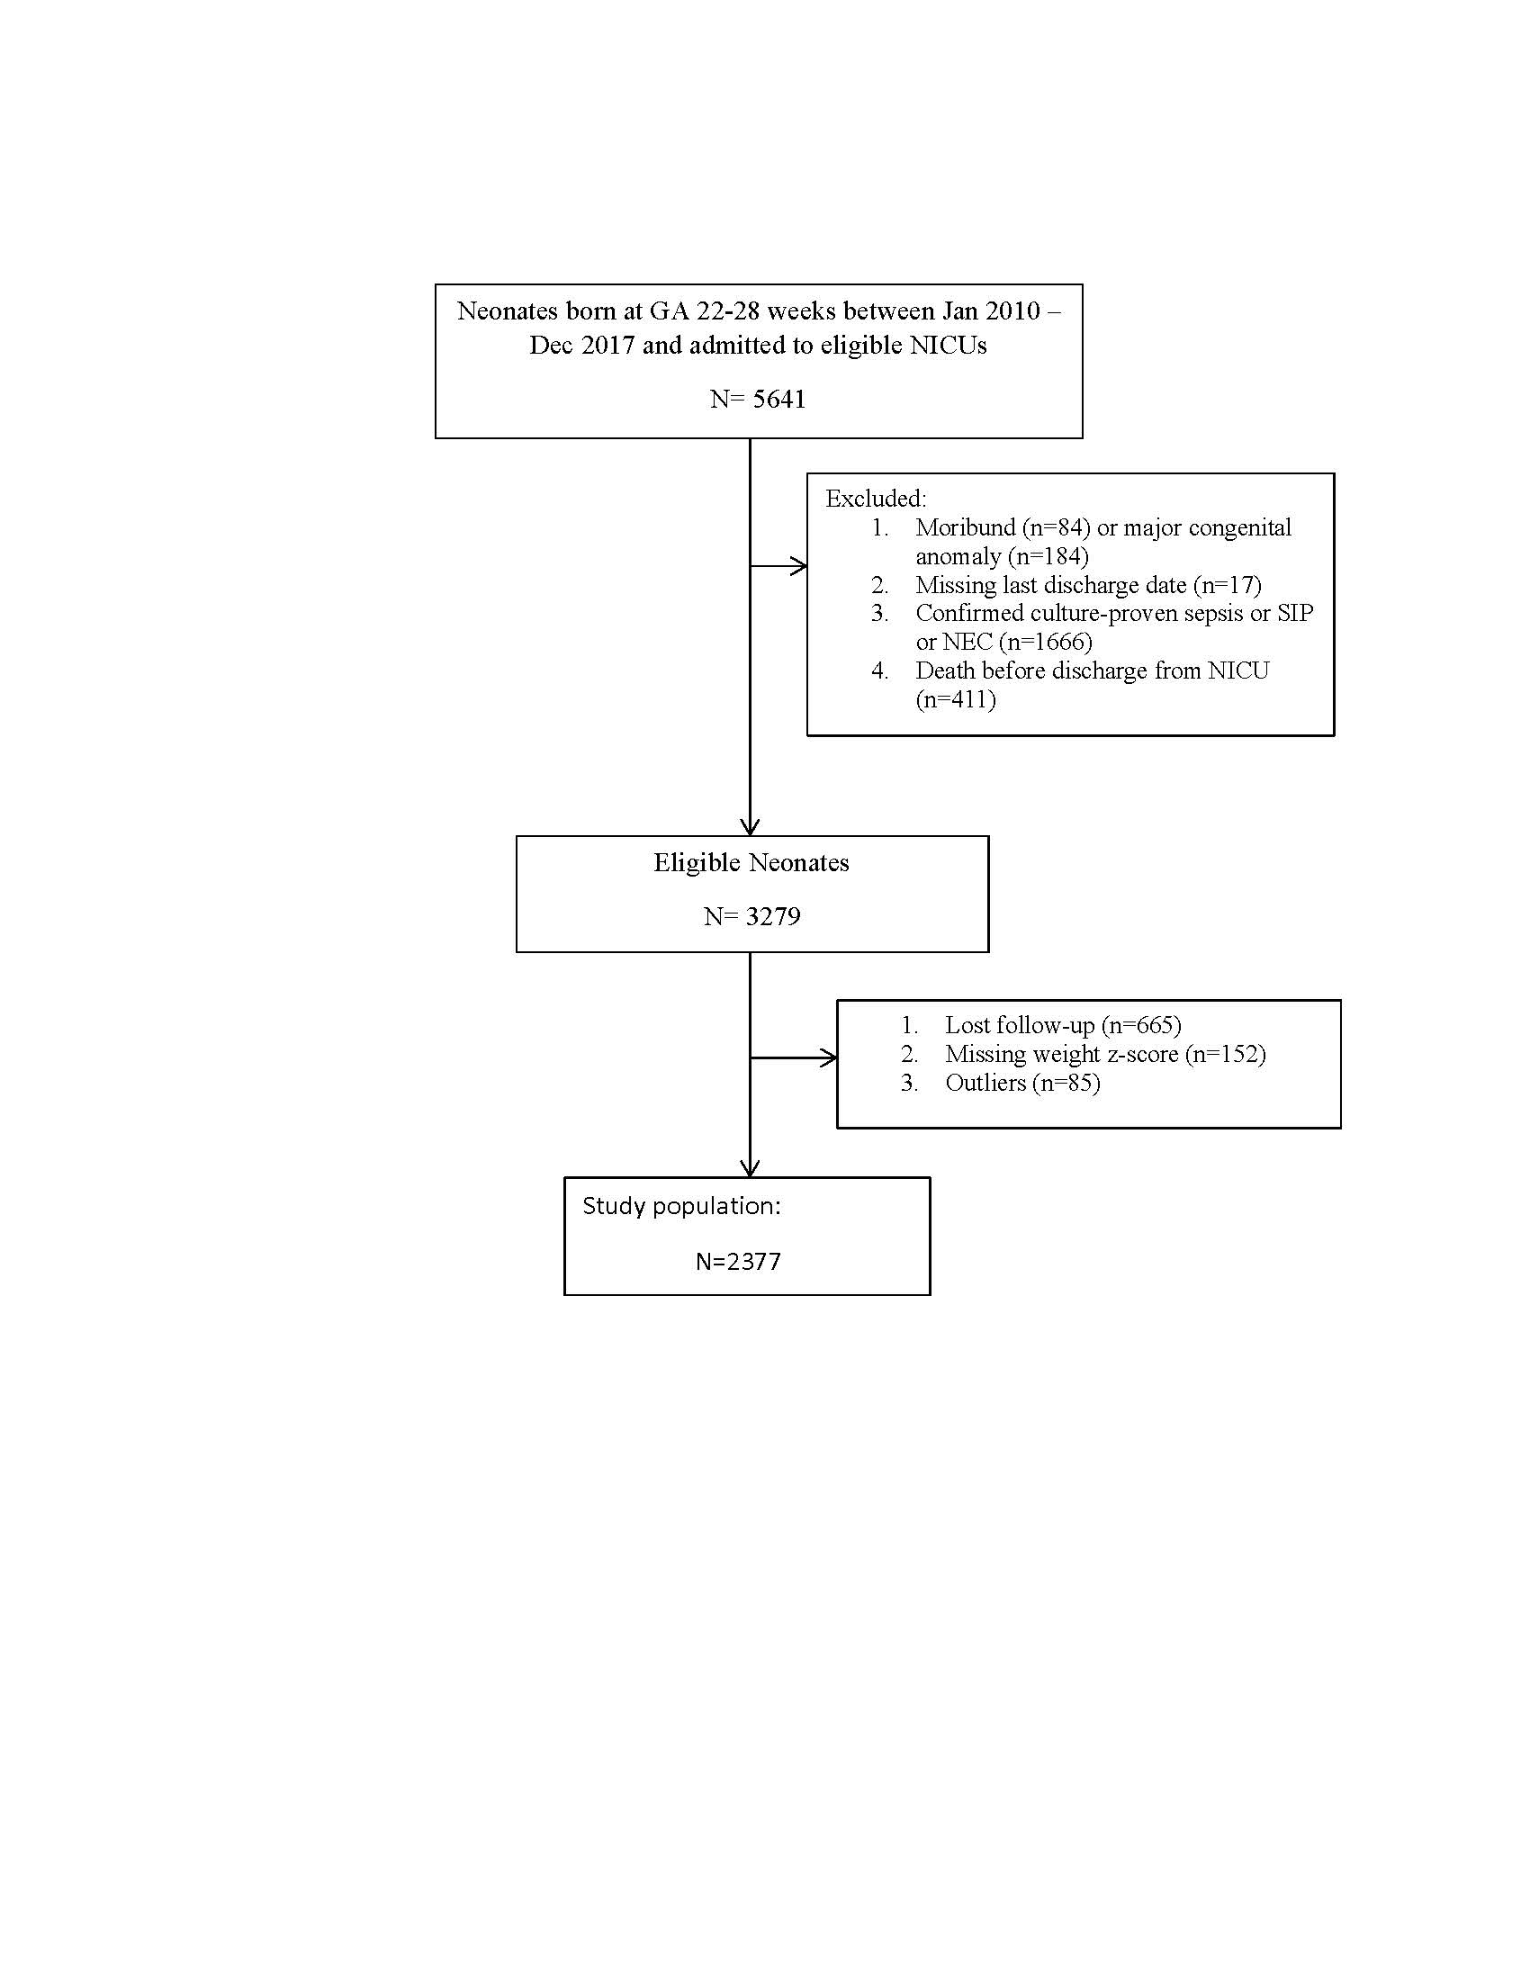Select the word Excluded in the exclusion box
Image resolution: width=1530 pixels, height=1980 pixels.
pyautogui.click(x=874, y=498)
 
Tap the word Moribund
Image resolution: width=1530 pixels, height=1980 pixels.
pyautogui.click(x=966, y=526)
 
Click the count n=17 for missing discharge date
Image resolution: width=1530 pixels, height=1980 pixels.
pyautogui.click(x=1230, y=585)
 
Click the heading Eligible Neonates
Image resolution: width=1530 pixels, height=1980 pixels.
pyautogui.click(x=751, y=862)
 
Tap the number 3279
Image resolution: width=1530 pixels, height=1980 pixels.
pyautogui.click(x=773, y=916)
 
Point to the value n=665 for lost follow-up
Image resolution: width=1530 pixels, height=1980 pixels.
pyautogui.click(x=1145, y=1025)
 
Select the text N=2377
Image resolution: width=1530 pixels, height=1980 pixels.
pyautogui.click(x=738, y=1262)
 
